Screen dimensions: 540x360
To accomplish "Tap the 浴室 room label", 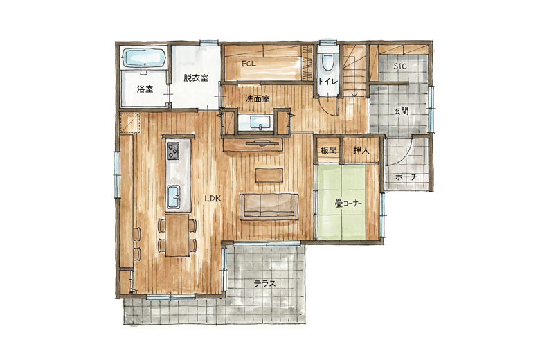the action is (145, 89).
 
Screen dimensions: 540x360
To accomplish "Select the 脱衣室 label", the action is (196, 78).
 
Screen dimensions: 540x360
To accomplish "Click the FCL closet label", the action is (249, 64).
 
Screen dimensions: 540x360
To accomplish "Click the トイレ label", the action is (328, 82).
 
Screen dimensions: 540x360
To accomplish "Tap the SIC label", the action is (400, 66).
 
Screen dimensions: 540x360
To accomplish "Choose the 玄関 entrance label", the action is (402, 111).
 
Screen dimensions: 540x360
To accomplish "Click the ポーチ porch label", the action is (406, 177).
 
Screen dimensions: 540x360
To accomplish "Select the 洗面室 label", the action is (258, 99).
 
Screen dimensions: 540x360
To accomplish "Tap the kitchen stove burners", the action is (173, 150).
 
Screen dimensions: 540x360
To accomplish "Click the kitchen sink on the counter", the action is (174, 197).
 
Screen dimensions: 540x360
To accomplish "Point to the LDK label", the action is (212, 199).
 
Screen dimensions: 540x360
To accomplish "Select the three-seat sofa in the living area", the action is (269, 206).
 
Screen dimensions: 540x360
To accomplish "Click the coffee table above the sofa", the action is (269, 175).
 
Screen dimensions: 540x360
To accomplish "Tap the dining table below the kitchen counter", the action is (177, 235).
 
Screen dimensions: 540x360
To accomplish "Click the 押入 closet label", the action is (361, 150).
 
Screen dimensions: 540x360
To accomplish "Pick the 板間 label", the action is (329, 150).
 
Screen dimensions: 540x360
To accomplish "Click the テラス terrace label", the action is (265, 284).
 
